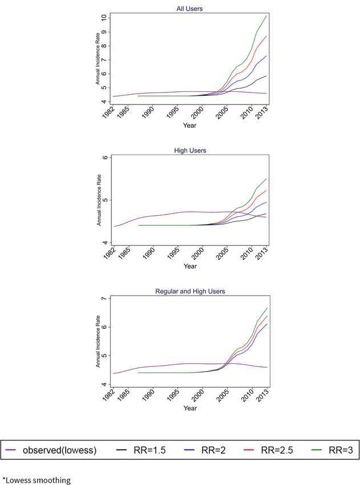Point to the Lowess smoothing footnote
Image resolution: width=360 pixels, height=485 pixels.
coord(37,480)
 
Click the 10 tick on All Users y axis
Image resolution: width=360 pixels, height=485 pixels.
coord(104,18)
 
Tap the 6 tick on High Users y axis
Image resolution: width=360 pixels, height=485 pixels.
coord(104,158)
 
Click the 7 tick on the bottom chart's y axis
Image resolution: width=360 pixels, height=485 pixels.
coord(104,299)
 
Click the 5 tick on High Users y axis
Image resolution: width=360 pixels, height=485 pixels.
coord(104,200)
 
